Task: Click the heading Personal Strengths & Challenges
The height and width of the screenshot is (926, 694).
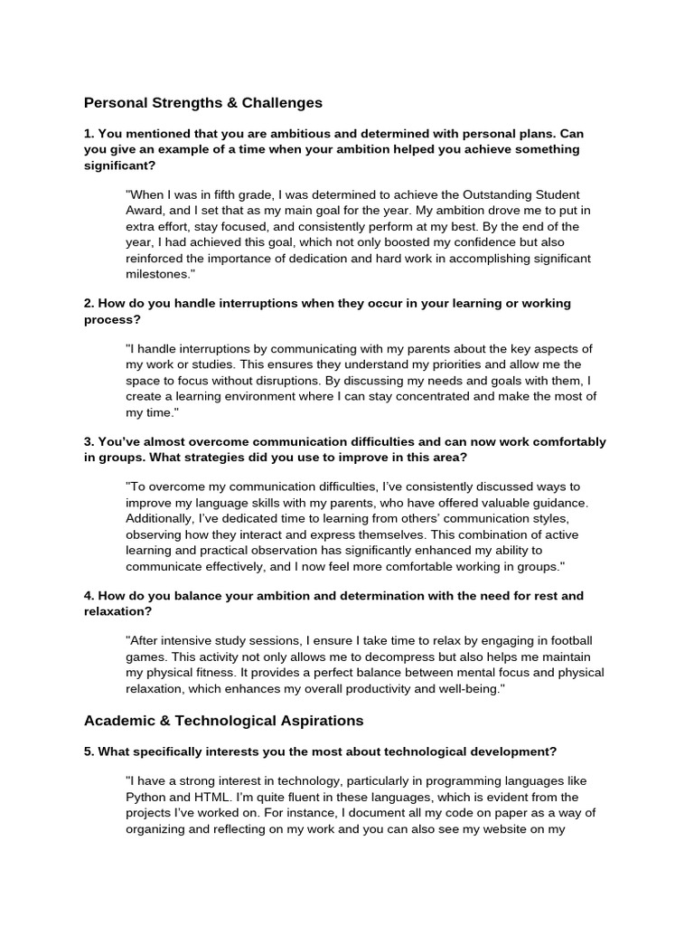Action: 203,103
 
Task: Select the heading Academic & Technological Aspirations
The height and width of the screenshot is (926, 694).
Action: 223,721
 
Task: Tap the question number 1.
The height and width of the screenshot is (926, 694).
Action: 89,133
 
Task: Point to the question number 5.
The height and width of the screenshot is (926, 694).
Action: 89,751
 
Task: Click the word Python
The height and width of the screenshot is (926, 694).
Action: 146,797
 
